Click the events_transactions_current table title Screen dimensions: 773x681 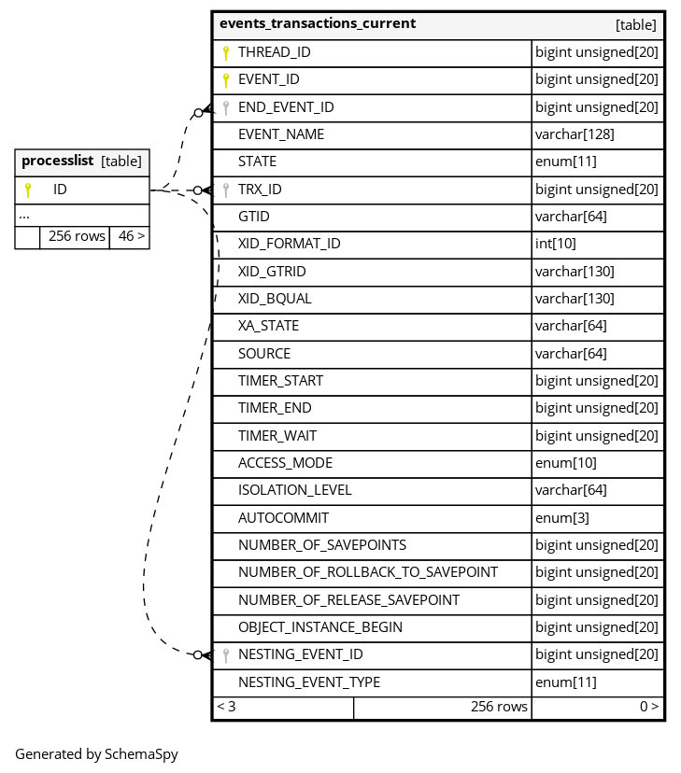tap(318, 23)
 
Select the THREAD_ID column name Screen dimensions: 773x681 tap(274, 53)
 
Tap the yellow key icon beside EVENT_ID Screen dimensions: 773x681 tap(225, 80)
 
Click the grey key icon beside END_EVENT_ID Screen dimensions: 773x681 tap(225, 107)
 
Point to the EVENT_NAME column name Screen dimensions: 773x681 tap(281, 134)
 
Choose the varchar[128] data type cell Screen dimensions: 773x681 tap(575, 134)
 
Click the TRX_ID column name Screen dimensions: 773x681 tap(260, 190)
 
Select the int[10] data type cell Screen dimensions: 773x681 tap(556, 244)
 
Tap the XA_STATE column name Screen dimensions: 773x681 tap(268, 326)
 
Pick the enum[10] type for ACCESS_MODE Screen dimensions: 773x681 tap(566, 463)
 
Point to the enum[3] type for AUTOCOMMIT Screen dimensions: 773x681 tap(562, 517)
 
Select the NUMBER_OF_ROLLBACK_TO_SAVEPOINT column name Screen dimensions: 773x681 tap(367, 572)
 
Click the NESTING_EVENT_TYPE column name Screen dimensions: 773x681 tap(308, 682)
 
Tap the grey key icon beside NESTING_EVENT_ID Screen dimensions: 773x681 tap(225, 655)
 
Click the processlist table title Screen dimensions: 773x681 tap(57, 162)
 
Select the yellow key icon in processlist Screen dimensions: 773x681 tap(28, 190)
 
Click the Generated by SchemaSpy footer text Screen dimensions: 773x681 tap(96, 754)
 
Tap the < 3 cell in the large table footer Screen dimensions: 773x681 tap(227, 708)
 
